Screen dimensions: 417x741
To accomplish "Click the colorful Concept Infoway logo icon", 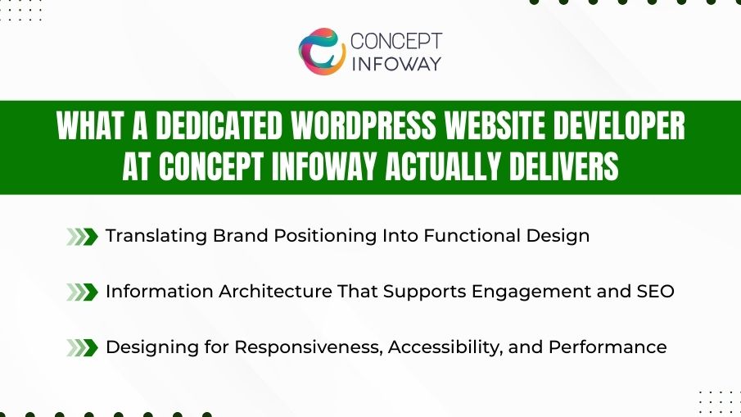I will [322, 51].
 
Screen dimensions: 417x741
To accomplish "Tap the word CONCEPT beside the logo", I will [395, 41].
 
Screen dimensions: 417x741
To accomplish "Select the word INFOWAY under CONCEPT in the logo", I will [395, 63].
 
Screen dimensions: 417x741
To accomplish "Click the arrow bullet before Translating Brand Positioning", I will [82, 237].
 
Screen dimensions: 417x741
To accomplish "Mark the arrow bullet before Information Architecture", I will [82, 292].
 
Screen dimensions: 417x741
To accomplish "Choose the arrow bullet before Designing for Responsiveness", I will [82, 347].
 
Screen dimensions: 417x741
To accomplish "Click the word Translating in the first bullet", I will [156, 236].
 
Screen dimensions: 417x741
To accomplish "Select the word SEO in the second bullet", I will [654, 291].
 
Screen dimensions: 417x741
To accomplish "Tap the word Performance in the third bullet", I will [608, 347].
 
